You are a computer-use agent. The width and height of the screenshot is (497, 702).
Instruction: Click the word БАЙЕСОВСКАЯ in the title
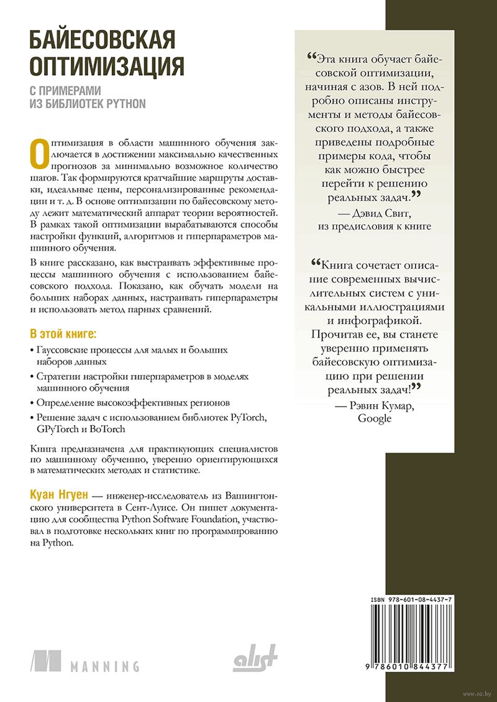[103, 42]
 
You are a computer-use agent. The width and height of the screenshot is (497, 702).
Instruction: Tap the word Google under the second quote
[375, 418]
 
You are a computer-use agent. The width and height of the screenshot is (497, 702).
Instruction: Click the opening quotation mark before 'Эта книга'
[311, 57]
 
